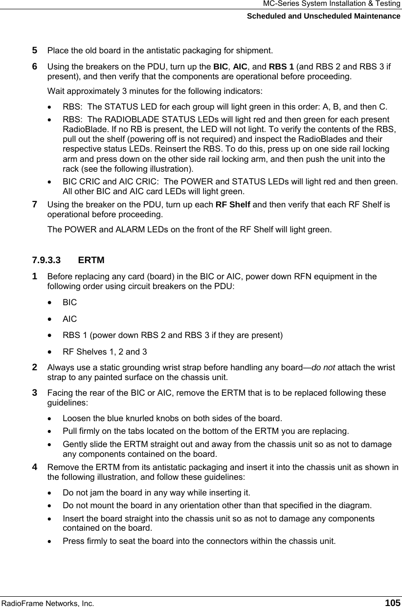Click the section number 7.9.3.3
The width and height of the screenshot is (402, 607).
click(47, 259)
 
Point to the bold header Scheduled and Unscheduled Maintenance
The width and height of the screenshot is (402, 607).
click(323, 16)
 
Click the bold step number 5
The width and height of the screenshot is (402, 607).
click(35, 50)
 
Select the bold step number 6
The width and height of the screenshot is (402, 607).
click(35, 65)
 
